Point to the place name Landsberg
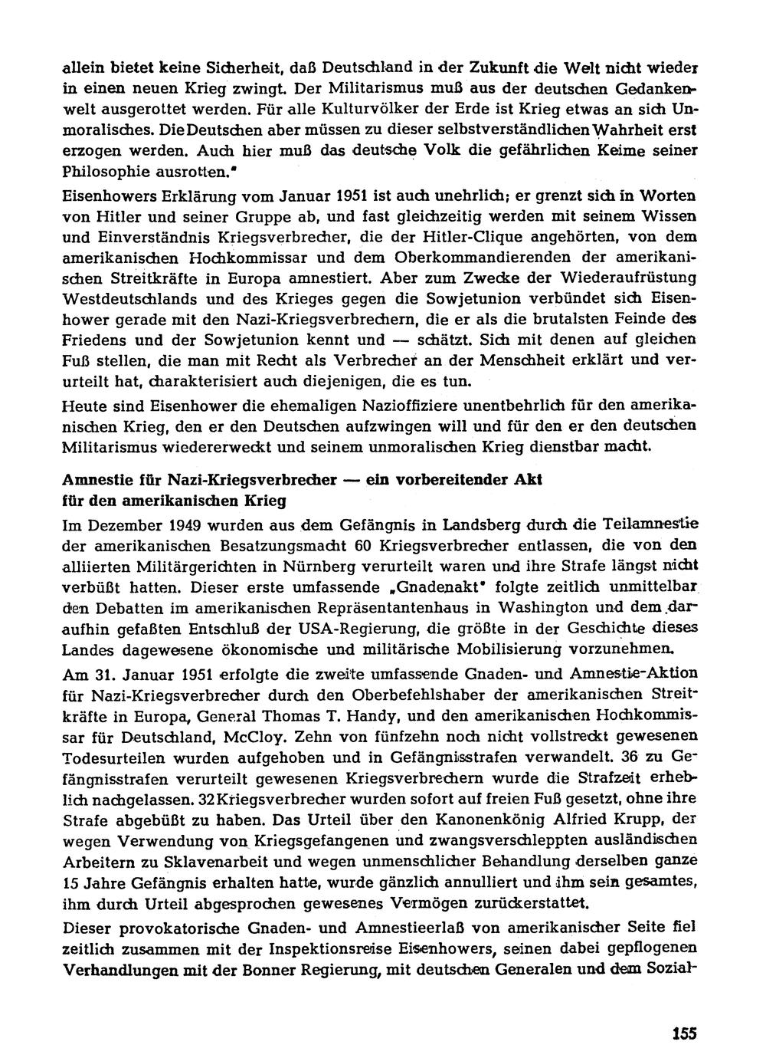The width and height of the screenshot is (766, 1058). [484, 525]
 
